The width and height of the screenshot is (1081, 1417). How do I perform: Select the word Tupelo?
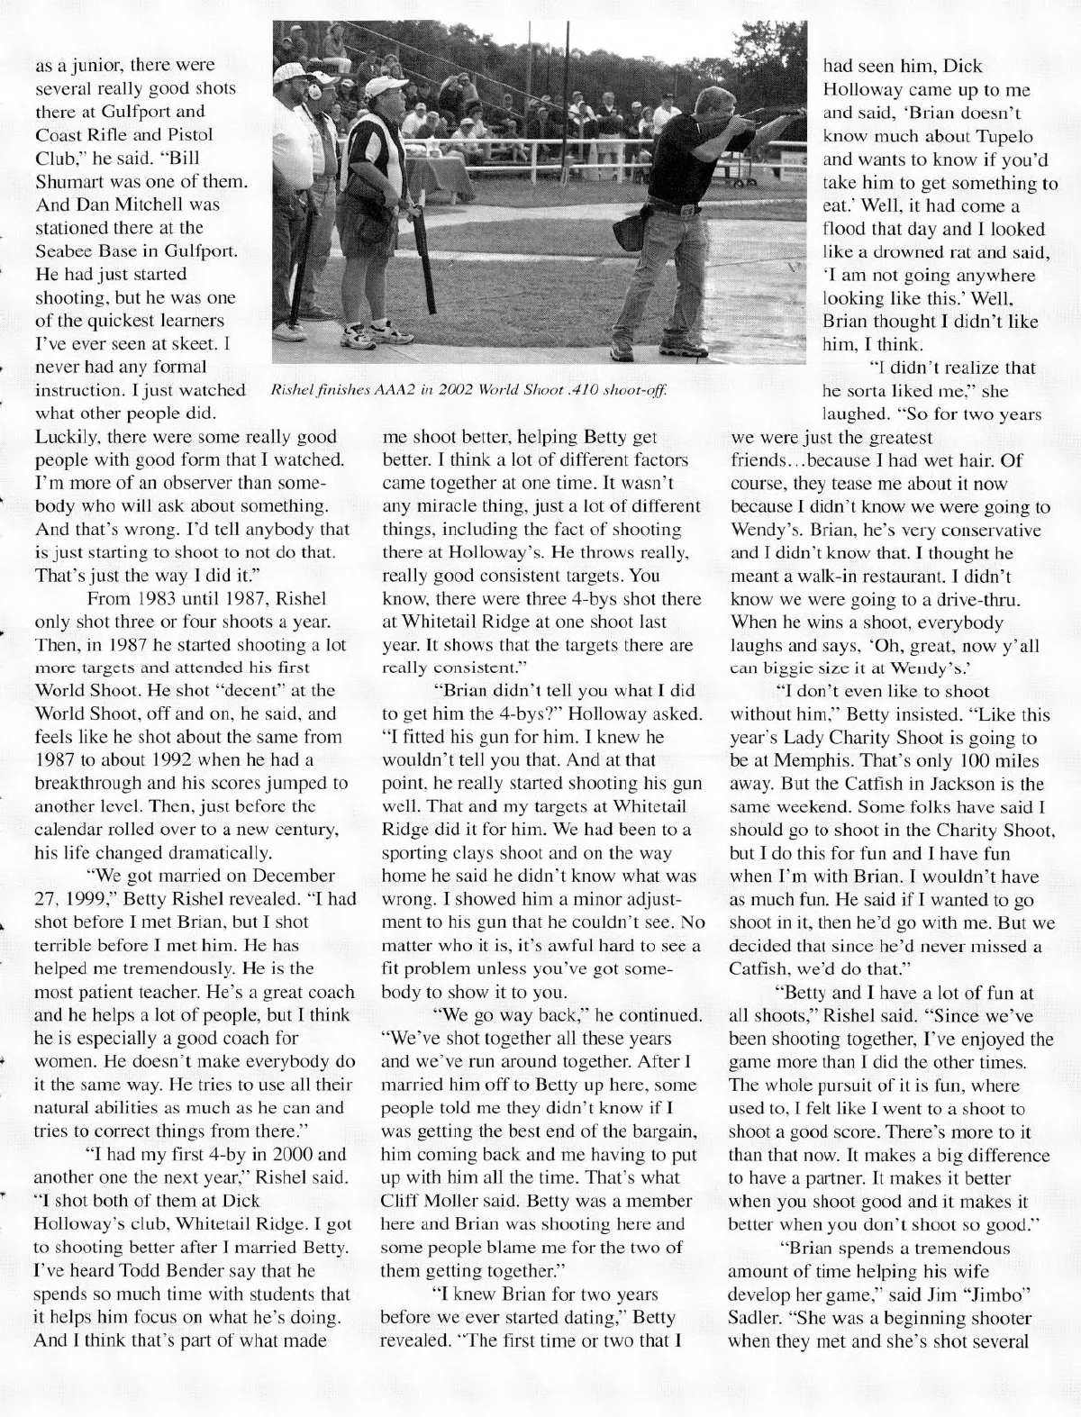click(1004, 135)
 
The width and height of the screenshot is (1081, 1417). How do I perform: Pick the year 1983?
click(145, 597)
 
